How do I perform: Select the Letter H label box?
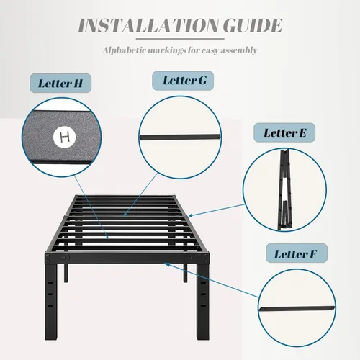click(60, 83)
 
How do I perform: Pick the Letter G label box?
click(183, 81)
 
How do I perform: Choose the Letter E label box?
click(284, 132)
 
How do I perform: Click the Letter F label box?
click(297, 253)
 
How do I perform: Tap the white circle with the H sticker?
click(64, 137)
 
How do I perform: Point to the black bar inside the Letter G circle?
click(180, 137)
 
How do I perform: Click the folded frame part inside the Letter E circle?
click(285, 189)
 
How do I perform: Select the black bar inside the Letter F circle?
click(297, 309)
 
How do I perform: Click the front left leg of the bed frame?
click(51, 301)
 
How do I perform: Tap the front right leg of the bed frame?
click(203, 301)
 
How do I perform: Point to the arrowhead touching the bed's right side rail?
click(191, 215)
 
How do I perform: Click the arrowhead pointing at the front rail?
click(167, 264)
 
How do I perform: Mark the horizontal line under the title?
click(180, 39)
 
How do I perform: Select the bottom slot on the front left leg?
click(50, 306)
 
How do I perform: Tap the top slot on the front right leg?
click(203, 283)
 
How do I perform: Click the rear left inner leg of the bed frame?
click(66, 273)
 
